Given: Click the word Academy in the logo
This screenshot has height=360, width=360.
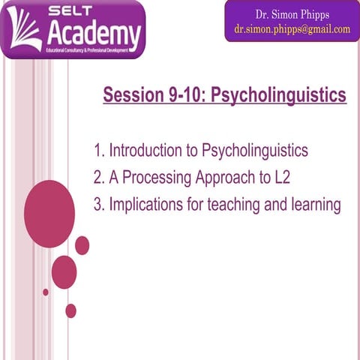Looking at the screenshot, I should (x=94, y=34).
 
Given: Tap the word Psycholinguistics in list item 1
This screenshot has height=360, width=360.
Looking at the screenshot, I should (x=255, y=151).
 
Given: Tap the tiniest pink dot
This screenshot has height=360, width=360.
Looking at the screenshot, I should (x=46, y=292).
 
